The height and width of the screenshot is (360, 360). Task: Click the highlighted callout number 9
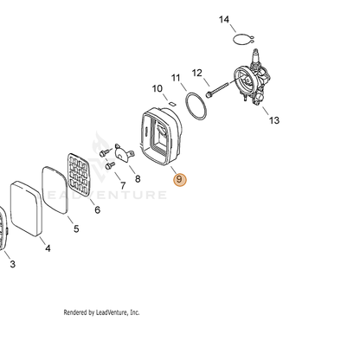[x=179, y=179]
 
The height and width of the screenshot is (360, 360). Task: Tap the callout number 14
[x=224, y=20]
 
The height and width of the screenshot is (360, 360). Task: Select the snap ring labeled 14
[x=243, y=40]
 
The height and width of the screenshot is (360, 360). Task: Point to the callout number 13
[x=274, y=120]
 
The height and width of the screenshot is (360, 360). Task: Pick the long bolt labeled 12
[x=217, y=90]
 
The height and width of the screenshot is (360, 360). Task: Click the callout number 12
[x=197, y=73]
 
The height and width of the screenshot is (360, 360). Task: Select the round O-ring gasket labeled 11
[x=196, y=106]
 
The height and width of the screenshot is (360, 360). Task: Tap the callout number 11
[x=176, y=78]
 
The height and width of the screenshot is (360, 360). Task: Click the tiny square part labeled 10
[x=172, y=103]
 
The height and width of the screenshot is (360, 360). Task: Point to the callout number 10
[x=157, y=88]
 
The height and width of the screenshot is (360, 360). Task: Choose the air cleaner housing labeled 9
[x=162, y=136]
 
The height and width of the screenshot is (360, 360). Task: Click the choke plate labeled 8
[x=125, y=153]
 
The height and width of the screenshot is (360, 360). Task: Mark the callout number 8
[x=138, y=179]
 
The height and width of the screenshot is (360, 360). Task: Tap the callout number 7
[x=123, y=185]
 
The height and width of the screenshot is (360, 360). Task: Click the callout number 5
[x=76, y=228]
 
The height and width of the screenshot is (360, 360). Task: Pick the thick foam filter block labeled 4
[x=26, y=209]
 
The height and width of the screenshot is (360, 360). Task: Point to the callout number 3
[x=12, y=264]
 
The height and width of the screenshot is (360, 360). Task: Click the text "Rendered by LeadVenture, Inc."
[x=101, y=312]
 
